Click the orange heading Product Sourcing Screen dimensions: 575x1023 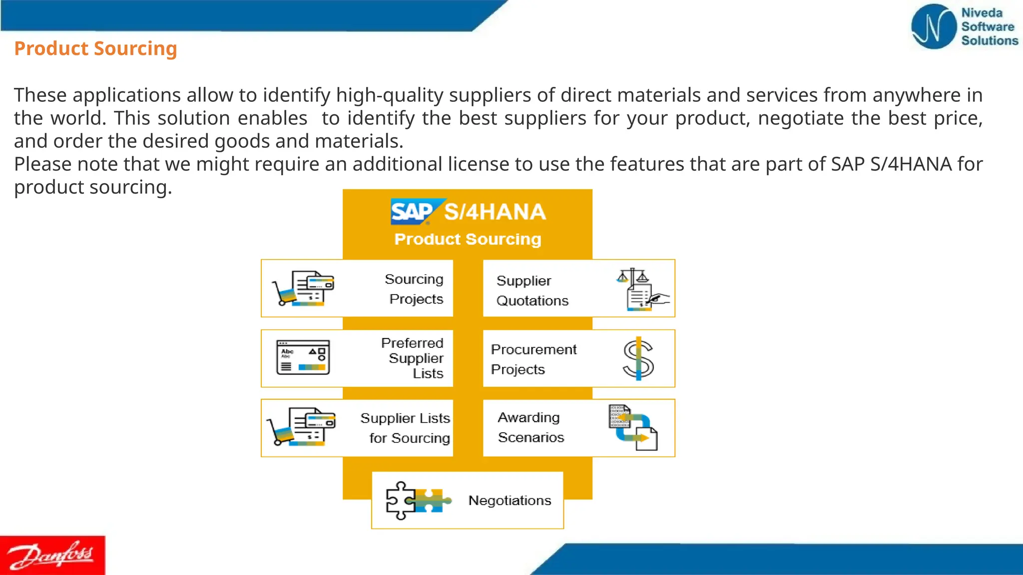(x=95, y=48)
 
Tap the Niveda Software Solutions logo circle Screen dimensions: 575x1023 (x=933, y=27)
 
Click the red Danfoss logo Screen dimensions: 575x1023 (x=52, y=555)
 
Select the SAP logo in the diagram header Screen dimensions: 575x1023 (x=413, y=212)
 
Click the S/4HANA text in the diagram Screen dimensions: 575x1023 (x=495, y=212)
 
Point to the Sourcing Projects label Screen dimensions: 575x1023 (x=415, y=289)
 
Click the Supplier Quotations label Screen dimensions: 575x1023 (x=532, y=290)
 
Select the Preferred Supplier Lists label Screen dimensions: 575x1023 (x=413, y=358)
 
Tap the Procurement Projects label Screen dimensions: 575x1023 (x=533, y=359)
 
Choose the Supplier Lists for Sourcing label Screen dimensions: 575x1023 (x=406, y=428)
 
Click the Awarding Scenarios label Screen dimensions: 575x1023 (x=530, y=427)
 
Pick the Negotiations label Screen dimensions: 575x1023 (x=510, y=500)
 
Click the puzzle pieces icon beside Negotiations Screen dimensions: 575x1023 (x=418, y=500)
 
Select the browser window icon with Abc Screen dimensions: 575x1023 (x=303, y=357)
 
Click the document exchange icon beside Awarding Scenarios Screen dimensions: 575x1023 (x=633, y=427)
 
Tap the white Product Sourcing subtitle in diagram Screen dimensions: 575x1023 (x=468, y=239)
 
